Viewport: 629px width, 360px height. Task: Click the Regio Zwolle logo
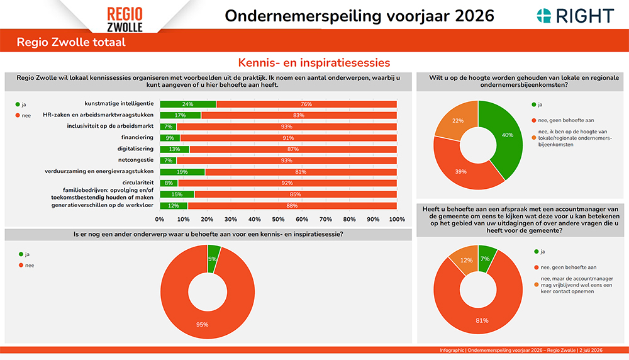(125, 20)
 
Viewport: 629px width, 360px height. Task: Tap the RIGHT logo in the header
(576, 16)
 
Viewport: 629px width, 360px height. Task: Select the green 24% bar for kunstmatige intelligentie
(187, 104)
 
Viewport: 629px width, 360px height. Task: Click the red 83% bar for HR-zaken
(299, 116)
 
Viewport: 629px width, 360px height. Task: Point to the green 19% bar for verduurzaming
(182, 172)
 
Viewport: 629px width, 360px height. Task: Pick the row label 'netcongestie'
(136, 160)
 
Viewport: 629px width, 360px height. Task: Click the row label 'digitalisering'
(135, 149)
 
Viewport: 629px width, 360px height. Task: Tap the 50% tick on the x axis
(278, 219)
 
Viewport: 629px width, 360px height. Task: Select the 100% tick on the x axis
(397, 219)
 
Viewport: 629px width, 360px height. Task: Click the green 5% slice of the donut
(213, 259)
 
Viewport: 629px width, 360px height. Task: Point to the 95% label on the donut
(202, 324)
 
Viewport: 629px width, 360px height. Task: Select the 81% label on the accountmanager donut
(482, 320)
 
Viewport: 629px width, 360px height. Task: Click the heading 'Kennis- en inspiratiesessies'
(314, 62)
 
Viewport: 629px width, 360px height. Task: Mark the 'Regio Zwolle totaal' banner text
(71, 42)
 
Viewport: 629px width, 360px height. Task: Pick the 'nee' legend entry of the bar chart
(23, 116)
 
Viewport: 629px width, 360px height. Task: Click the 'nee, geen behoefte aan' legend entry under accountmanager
(565, 267)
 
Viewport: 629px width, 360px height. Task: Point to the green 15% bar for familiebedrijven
(177, 194)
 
